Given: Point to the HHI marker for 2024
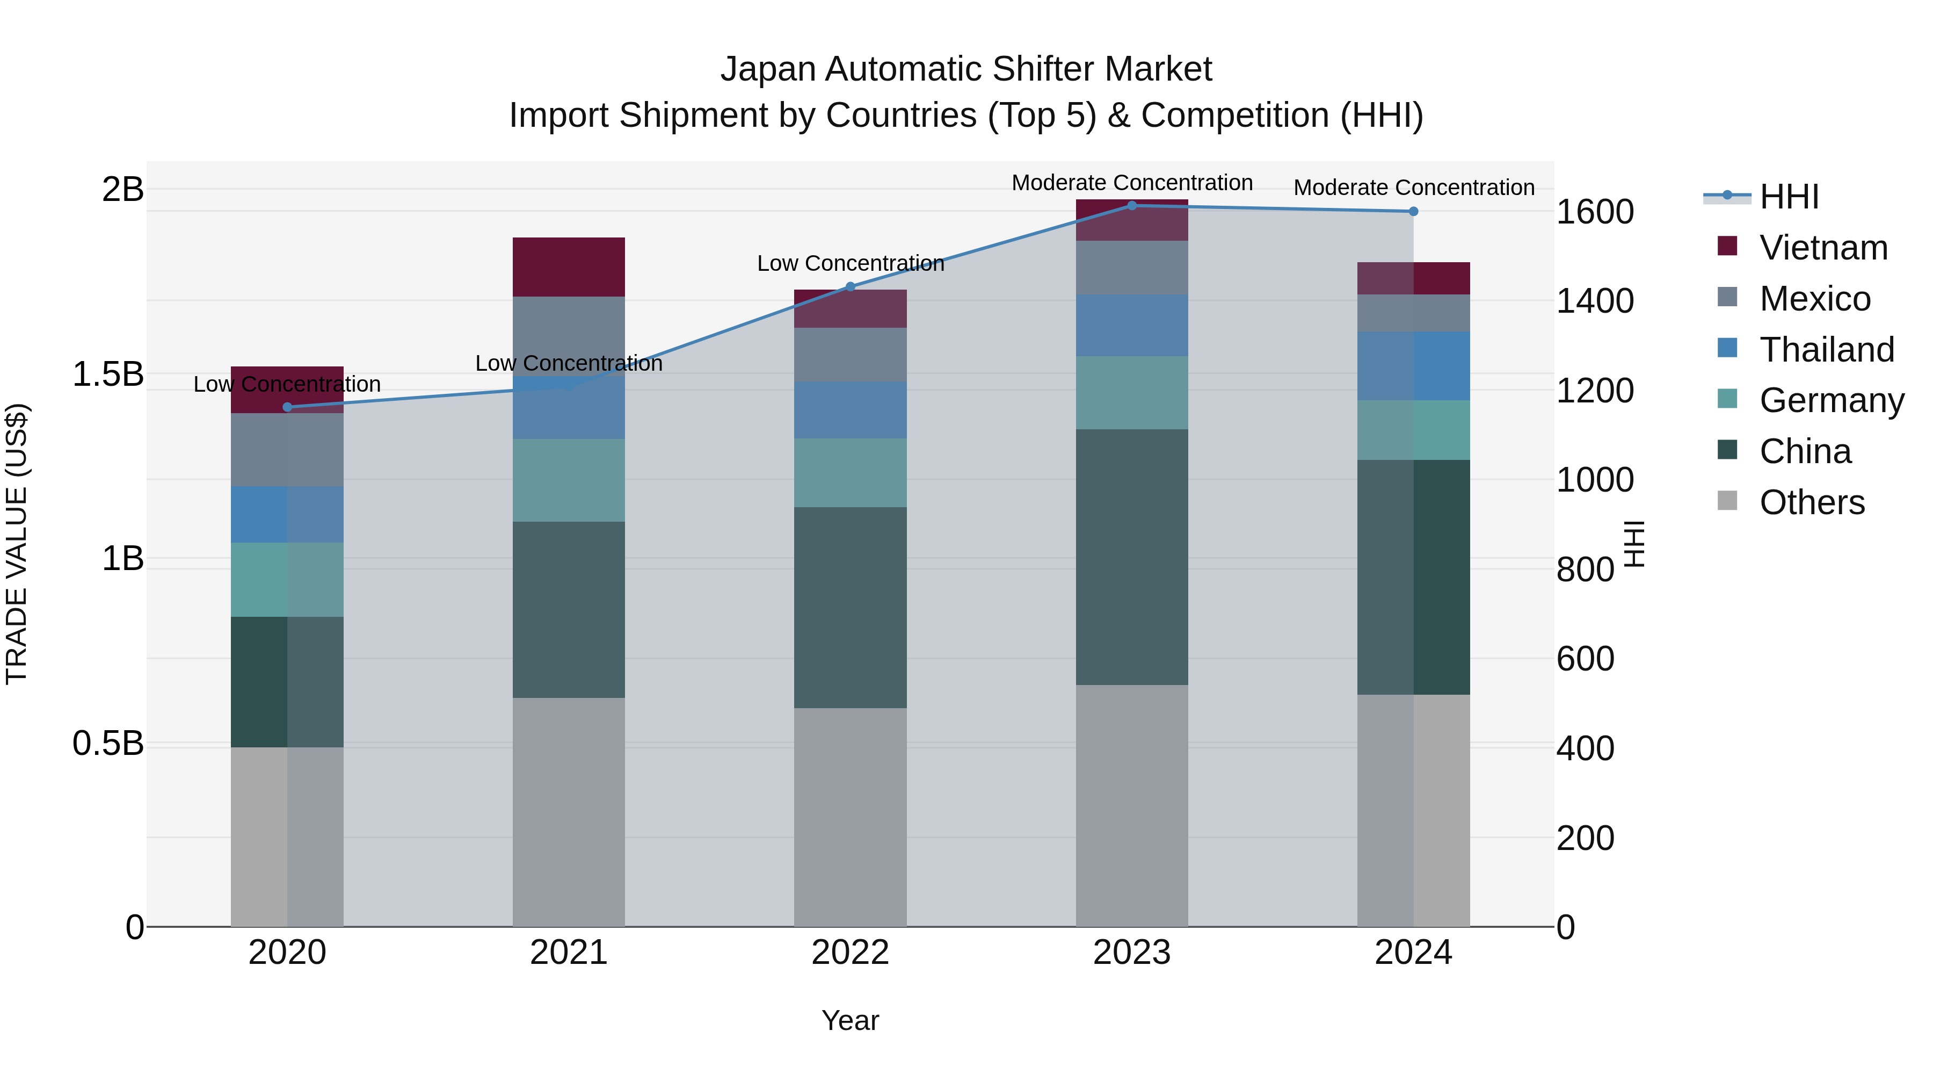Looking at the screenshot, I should pyautogui.click(x=1414, y=212).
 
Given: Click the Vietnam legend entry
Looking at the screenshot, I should pyautogui.click(x=1823, y=248).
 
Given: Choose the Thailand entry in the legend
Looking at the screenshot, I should pyautogui.click(x=1827, y=350).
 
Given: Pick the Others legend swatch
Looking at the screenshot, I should pyautogui.click(x=1727, y=501).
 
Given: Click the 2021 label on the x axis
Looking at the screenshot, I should pyautogui.click(x=568, y=953).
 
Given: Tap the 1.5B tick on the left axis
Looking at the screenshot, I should pyautogui.click(x=108, y=374).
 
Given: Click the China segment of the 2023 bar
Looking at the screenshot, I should pyautogui.click(x=1131, y=557).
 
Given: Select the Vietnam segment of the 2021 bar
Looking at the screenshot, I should pyautogui.click(x=568, y=268).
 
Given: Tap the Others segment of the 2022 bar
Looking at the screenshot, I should pyautogui.click(x=850, y=817).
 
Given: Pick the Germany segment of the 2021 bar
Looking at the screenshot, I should pyautogui.click(x=568, y=480).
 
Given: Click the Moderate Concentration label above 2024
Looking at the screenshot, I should pyautogui.click(x=1414, y=188).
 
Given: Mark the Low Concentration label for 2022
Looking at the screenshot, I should pyautogui.click(x=850, y=264).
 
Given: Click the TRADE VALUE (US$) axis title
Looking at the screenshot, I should pyautogui.click(x=17, y=544).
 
